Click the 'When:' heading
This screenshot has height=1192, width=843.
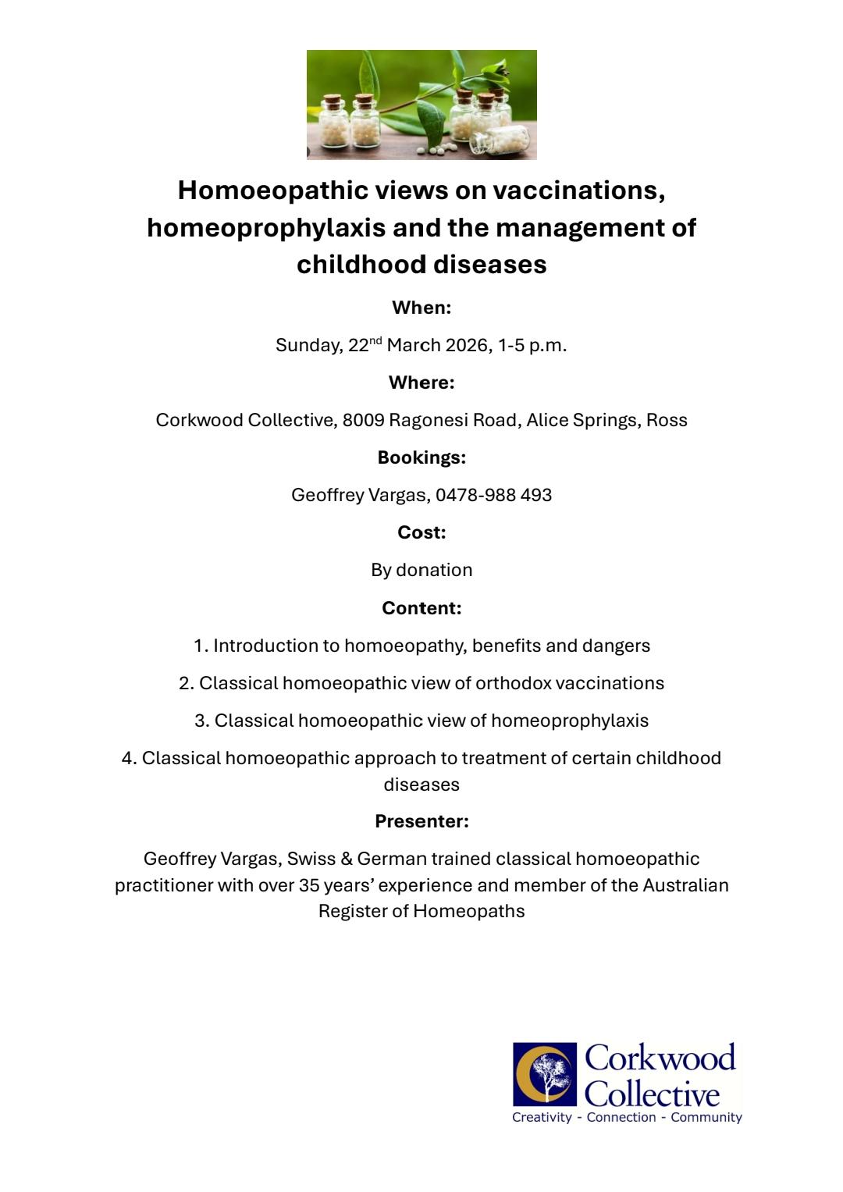tap(421, 308)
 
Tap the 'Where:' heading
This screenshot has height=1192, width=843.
tap(421, 383)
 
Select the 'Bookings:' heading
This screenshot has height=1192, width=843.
tap(421, 457)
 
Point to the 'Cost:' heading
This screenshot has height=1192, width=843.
tap(421, 532)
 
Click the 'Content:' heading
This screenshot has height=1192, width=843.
tap(421, 608)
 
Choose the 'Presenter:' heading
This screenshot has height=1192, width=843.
tap(421, 821)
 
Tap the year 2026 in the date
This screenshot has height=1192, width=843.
tap(468, 345)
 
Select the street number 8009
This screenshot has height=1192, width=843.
tap(363, 420)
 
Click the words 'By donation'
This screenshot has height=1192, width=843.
tap(421, 570)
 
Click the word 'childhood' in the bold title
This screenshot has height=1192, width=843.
tap(360, 264)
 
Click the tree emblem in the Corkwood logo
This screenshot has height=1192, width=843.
tap(546, 1074)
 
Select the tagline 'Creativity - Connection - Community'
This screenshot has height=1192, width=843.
tap(627, 1117)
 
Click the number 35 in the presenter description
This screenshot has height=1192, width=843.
tap(309, 885)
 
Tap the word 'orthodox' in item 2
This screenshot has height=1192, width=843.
tap(513, 683)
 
